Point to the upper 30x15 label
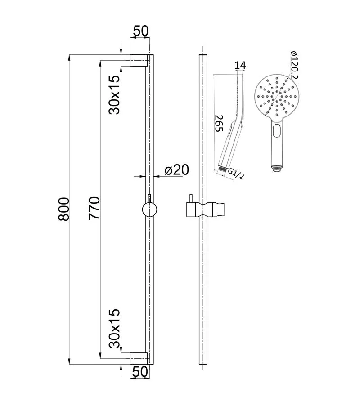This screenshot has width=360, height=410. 114,94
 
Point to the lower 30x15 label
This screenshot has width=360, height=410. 114,329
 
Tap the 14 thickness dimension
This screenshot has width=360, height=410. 240,66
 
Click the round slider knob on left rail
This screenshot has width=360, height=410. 149,210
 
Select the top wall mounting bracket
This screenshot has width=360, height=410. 139,60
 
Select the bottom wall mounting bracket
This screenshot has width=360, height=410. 139,358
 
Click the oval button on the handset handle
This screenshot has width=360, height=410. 276,131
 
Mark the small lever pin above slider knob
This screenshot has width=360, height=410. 149,199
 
